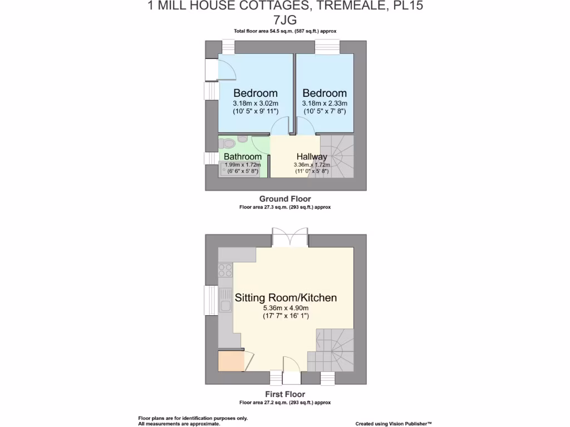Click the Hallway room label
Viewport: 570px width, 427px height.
(312, 157)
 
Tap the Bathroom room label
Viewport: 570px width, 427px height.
(243, 157)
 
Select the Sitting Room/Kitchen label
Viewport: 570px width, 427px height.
(286, 297)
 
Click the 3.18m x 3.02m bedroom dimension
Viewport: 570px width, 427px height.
(255, 103)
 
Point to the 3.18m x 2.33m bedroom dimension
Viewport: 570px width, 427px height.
(325, 103)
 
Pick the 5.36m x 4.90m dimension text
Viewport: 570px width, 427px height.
(286, 308)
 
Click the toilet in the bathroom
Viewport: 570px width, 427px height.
(242, 139)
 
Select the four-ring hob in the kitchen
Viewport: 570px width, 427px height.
(225, 271)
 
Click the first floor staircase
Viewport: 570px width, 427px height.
(335, 349)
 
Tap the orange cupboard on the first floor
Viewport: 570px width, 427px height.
(231, 361)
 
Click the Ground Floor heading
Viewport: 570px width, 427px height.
(285, 198)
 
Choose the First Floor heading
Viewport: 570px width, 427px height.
(285, 394)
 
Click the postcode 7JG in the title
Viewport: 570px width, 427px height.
(285, 20)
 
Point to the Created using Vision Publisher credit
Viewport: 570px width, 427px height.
(394, 424)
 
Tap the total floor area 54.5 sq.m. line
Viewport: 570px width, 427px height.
(285, 31)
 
